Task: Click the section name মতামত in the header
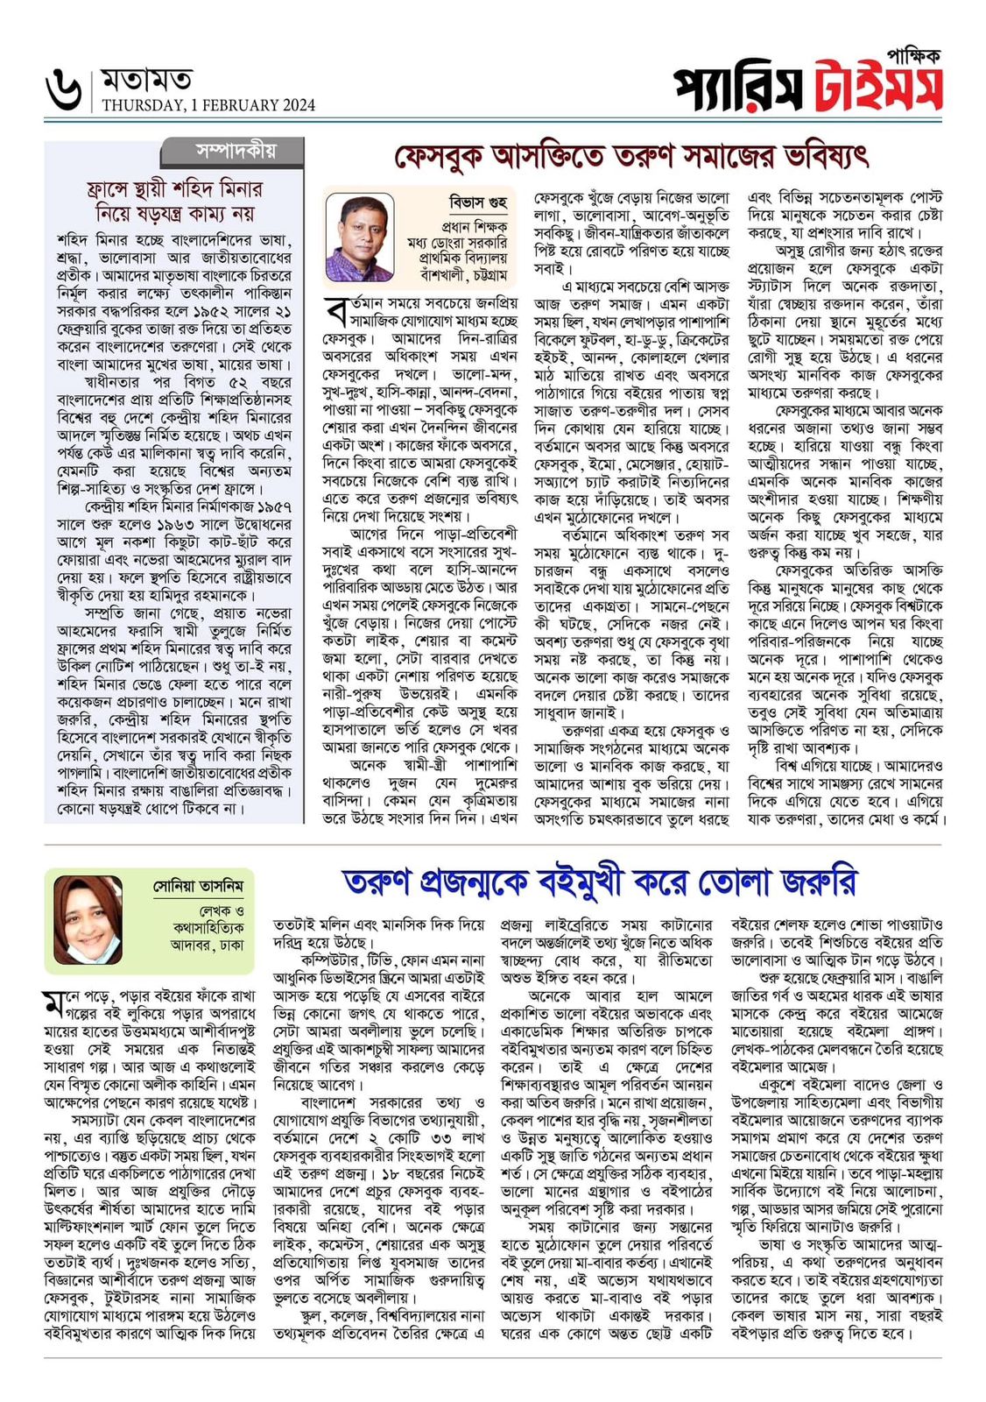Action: click(x=146, y=81)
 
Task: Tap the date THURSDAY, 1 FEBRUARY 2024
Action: click(x=208, y=106)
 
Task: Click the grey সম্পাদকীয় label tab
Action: click(x=236, y=152)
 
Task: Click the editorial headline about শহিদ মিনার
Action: click(x=174, y=201)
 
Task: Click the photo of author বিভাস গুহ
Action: click(x=359, y=237)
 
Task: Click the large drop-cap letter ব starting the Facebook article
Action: click(x=335, y=311)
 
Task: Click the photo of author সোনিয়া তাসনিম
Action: click(x=88, y=920)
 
